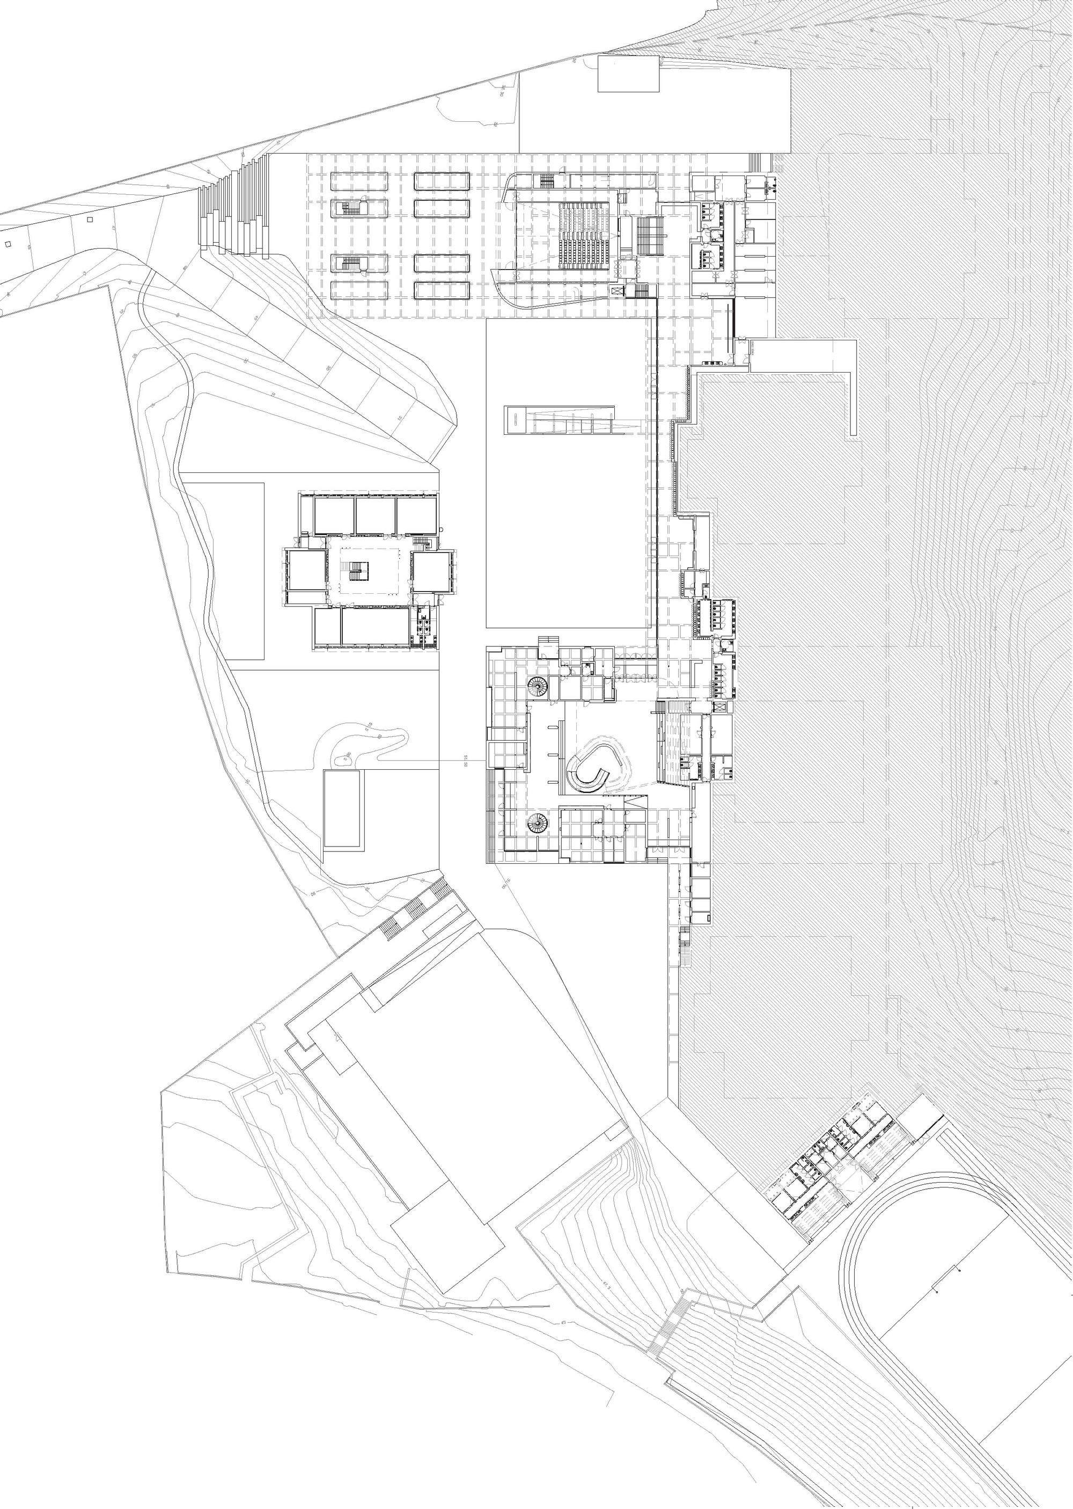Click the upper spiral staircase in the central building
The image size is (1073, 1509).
coord(538,688)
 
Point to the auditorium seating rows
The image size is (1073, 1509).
coord(583,235)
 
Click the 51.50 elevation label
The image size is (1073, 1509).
coord(466,760)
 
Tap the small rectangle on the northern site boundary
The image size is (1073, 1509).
coord(628,74)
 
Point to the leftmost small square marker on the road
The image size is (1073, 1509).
coord(8,244)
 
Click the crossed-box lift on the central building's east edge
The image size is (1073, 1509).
coord(719,706)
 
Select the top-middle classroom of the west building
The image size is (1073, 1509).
coord(376,515)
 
